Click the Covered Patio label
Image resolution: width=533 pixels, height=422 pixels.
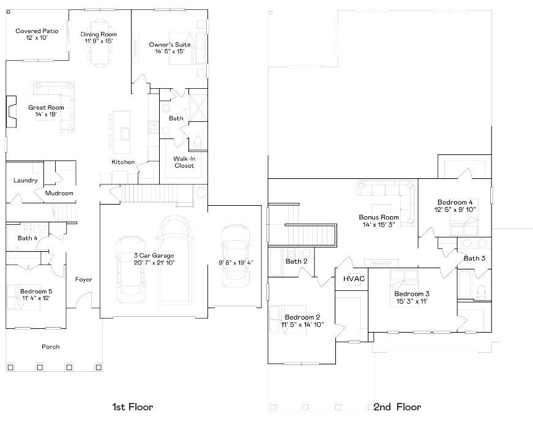tap(36, 31)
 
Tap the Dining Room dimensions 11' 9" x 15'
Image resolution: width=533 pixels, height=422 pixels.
tap(99, 41)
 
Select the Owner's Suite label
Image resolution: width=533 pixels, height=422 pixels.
tap(170, 45)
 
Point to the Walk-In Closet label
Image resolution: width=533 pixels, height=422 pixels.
tap(184, 162)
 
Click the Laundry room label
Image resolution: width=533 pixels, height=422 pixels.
tap(26, 181)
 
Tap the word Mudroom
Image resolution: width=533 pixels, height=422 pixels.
tap(59, 194)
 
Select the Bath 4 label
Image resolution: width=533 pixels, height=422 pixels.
tap(28, 238)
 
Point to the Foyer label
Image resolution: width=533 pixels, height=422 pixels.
tap(84, 279)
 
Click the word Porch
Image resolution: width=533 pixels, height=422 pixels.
tap(51, 347)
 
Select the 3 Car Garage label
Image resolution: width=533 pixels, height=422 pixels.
tap(154, 255)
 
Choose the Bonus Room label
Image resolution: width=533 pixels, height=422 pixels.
tap(379, 217)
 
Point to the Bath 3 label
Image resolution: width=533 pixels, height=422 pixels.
tap(474, 258)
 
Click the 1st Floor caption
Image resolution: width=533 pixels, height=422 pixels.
tap(132, 407)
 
